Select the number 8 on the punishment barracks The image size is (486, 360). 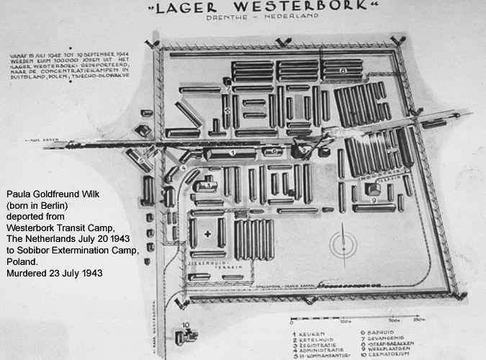(344, 71)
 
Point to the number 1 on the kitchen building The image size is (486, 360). (233, 153)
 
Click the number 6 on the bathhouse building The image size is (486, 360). (275, 152)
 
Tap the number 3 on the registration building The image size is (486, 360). (208, 185)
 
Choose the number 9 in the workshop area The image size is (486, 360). (375, 201)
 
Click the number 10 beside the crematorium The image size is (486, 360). (186, 325)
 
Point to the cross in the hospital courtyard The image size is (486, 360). (209, 234)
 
